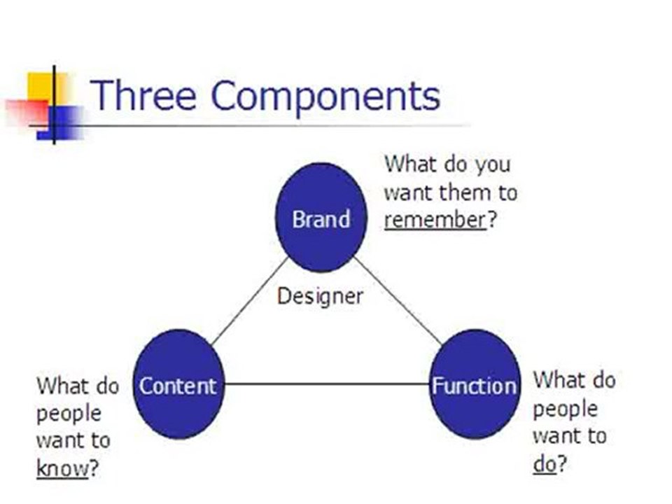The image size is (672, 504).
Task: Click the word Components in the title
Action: [325, 96]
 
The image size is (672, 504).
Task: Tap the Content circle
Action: [178, 384]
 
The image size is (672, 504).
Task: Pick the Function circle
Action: [474, 384]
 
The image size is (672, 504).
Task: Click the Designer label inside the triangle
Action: [320, 296]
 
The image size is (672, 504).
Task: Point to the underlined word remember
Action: [435, 220]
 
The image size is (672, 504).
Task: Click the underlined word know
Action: [62, 468]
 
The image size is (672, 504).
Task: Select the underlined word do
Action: [545, 463]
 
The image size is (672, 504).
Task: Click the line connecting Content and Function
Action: [325, 384]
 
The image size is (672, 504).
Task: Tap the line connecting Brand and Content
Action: [248, 301]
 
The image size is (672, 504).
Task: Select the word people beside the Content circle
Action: [69, 413]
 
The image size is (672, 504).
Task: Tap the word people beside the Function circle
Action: [566, 408]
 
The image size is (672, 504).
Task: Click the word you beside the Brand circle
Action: [492, 165]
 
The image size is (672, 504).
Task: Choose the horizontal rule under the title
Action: [280, 127]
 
